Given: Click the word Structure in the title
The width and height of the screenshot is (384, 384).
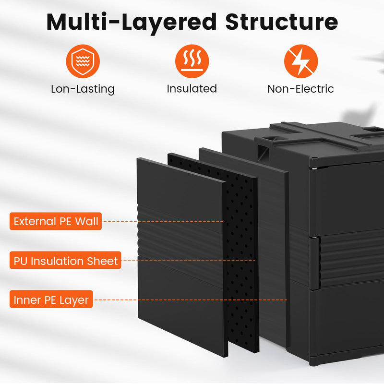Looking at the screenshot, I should pos(282,22).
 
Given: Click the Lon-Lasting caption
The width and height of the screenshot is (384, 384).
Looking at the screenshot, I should pos(83,89).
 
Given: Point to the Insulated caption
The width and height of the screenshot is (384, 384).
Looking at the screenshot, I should pos(192,89).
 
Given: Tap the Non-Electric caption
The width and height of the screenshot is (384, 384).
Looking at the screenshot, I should pos(300,89).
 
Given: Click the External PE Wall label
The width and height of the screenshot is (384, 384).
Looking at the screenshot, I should pos(56,221).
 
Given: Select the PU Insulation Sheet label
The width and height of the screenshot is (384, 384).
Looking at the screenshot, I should pos(65,261).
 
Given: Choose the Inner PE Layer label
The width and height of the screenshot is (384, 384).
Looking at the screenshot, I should pos(51,300).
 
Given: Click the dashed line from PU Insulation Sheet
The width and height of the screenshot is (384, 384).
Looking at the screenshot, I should pos(187,261).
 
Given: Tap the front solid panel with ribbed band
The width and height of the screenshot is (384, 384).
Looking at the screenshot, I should pos(180,307).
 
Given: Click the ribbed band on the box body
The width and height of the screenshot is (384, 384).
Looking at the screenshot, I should pos(350,254).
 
